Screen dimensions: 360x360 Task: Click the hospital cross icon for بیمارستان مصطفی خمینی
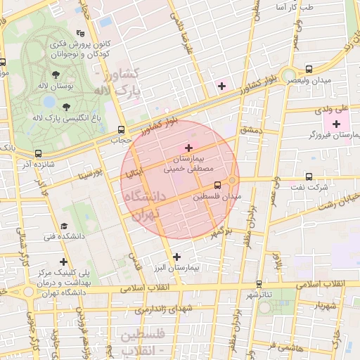pyautogui.click(x=188, y=147)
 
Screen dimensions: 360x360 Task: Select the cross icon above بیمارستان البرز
pyautogui.click(x=176, y=257)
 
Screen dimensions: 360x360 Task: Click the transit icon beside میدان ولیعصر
pyautogui.click(x=309, y=69)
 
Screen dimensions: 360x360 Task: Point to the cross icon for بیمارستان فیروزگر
pyautogui.click(x=336, y=124)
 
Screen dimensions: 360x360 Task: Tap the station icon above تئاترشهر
pyautogui.click(x=259, y=284)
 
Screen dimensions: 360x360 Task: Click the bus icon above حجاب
pyautogui.click(x=122, y=129)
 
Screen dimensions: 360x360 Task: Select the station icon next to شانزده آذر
pyautogui.click(x=38, y=153)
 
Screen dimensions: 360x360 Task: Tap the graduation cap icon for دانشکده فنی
pyautogui.click(x=64, y=226)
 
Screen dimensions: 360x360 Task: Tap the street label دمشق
pyautogui.click(x=250, y=130)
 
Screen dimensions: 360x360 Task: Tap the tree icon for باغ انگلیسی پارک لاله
pyautogui.click(x=67, y=107)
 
